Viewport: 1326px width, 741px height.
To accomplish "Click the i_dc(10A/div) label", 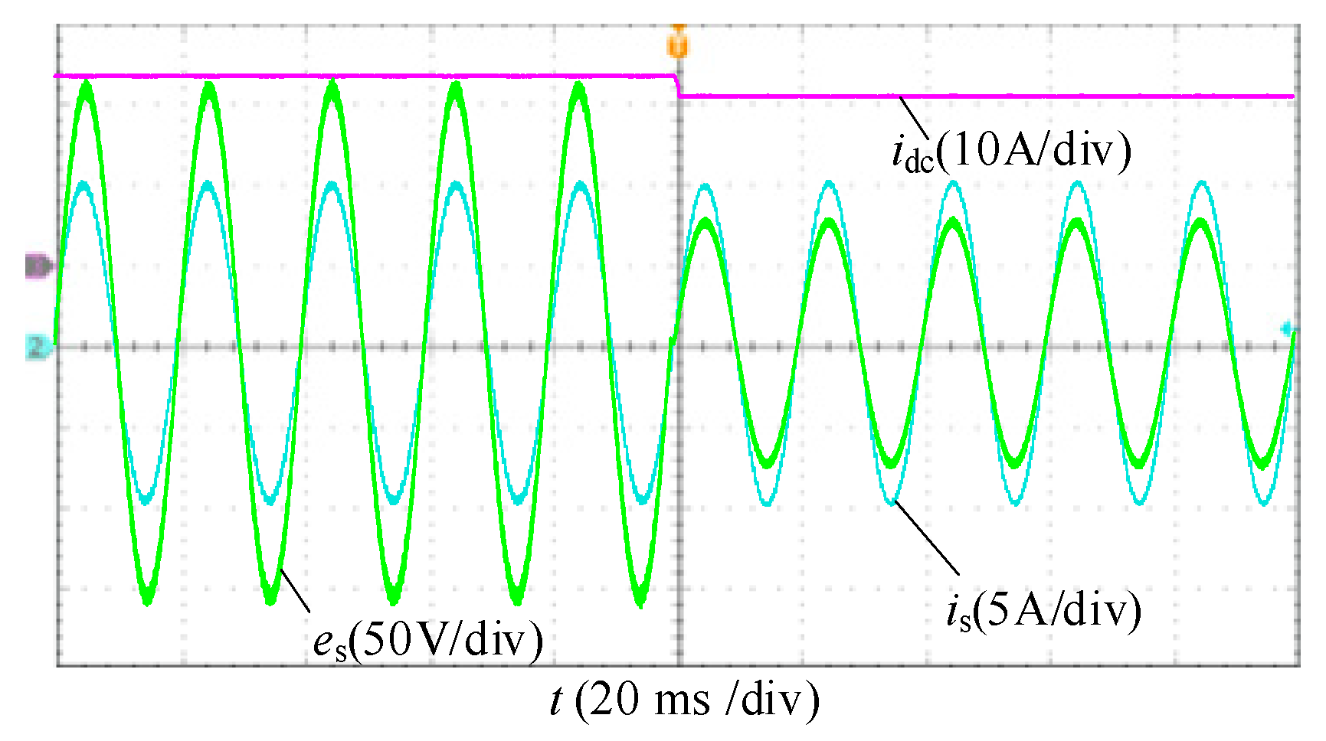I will click(1011, 151).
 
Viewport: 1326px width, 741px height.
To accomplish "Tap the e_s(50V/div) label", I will click(428, 639).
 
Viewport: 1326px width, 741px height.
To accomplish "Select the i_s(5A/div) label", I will click(1043, 610).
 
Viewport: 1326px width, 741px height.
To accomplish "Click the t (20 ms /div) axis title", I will click(684, 700).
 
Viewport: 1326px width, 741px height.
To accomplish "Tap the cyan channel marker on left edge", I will click(38, 348).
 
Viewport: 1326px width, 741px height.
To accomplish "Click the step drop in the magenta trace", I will click(678, 86).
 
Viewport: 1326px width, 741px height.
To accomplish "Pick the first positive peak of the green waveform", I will click(86, 84).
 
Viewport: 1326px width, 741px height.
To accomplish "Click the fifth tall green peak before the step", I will click(579, 84).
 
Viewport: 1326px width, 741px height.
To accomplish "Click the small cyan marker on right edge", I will click(1288, 329).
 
